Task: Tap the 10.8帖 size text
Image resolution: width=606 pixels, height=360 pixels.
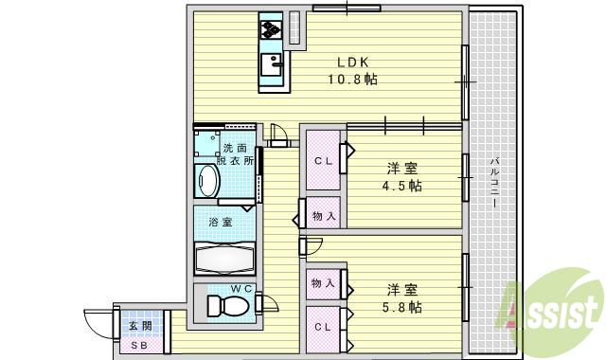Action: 351,80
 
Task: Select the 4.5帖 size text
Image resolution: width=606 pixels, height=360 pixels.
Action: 403,185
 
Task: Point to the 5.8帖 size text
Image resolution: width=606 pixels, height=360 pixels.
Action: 403,307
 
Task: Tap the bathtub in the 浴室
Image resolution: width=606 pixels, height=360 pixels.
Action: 225,258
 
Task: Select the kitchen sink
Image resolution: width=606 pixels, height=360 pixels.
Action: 273,65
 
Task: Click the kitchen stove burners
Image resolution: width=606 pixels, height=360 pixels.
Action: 271,29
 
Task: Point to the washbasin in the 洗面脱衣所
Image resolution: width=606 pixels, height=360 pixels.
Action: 206,180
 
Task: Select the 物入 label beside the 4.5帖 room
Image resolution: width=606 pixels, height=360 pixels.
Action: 324,216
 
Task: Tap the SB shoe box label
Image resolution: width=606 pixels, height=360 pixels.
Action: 139,345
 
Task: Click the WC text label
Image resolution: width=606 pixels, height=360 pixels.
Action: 241,289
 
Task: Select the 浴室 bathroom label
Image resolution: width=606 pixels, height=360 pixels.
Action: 220,223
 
